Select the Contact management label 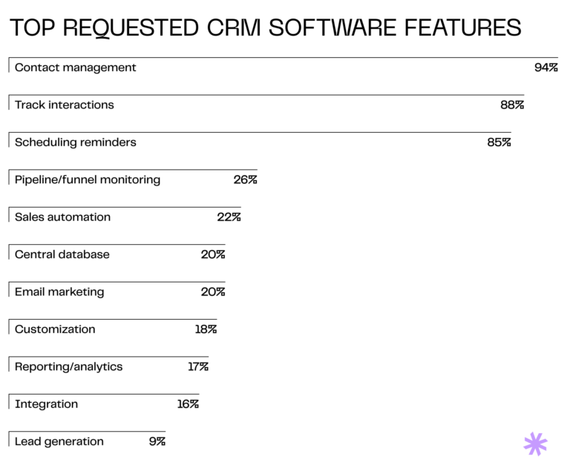[76, 67]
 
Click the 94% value [546, 67]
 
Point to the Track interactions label [65, 105]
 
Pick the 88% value [512, 105]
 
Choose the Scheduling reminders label [76, 142]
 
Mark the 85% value [499, 142]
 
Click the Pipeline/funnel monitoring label [88, 179]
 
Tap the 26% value [245, 179]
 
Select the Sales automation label [63, 217]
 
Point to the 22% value [229, 217]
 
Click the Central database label [62, 254]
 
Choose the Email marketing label [59, 292]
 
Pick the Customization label [55, 329]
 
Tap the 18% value [206, 329]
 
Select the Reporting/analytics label [69, 366]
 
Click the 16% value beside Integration [188, 404]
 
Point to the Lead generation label [59, 441]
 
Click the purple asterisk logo [535, 444]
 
